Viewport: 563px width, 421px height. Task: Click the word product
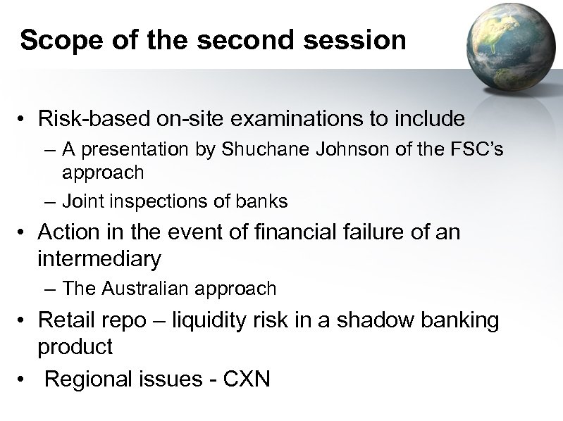tap(75, 347)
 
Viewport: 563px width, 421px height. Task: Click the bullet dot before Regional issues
tap(25, 379)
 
